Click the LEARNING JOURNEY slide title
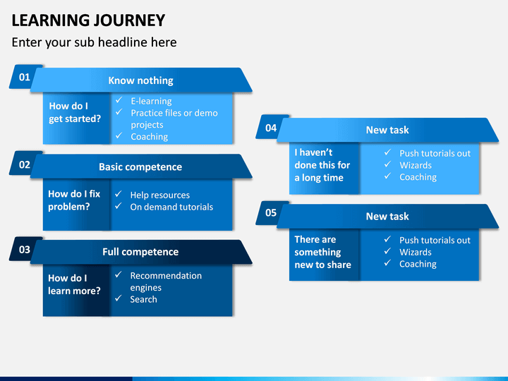[x=88, y=20]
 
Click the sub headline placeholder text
[x=95, y=42]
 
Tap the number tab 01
[x=24, y=77]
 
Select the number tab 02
[x=24, y=164]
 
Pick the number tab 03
[x=24, y=250]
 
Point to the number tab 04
[x=270, y=128]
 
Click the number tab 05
[x=270, y=213]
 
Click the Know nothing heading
[x=140, y=80]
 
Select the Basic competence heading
[x=140, y=167]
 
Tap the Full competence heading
[x=140, y=252]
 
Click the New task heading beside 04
[x=387, y=130]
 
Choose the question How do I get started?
[x=75, y=112]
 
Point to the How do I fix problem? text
[x=74, y=200]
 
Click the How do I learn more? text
[x=74, y=284]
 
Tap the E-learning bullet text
[x=151, y=101]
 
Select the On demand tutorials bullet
[x=171, y=207]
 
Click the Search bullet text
[x=143, y=299]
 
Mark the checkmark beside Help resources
[x=119, y=194]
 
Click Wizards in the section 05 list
[x=416, y=252]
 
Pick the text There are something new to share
[x=322, y=252]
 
